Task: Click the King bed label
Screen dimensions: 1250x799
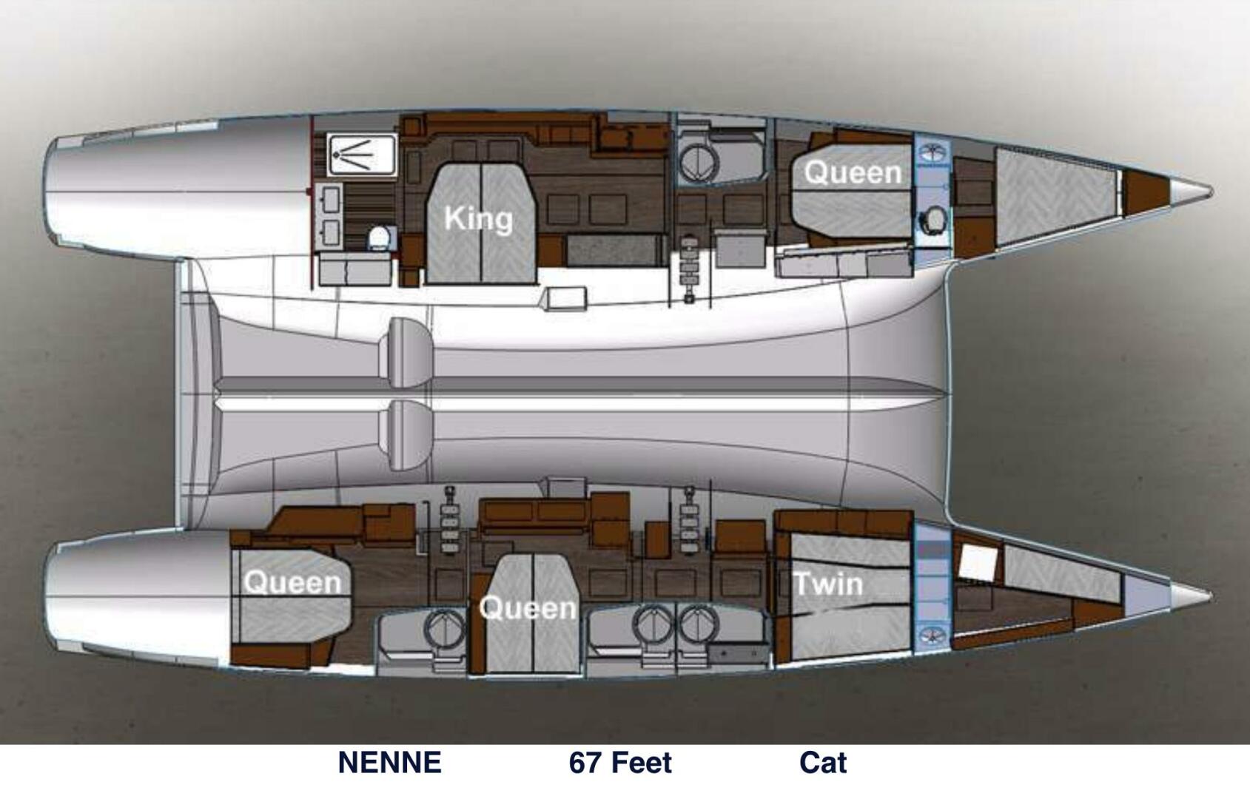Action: click(479, 219)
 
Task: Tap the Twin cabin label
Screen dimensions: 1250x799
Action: click(829, 584)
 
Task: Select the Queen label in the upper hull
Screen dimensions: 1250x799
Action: click(853, 172)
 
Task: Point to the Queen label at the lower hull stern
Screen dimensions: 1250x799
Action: click(293, 582)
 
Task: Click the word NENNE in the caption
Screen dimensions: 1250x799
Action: click(389, 762)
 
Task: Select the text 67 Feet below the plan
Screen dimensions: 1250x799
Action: click(620, 762)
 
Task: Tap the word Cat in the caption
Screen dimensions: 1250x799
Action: click(822, 762)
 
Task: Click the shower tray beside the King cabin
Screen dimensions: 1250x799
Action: click(362, 154)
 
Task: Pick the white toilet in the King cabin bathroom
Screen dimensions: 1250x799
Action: click(380, 238)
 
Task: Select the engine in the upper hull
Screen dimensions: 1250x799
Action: click(690, 268)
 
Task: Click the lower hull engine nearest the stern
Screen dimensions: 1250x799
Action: click(450, 519)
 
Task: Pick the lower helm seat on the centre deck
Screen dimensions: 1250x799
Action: click(409, 435)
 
